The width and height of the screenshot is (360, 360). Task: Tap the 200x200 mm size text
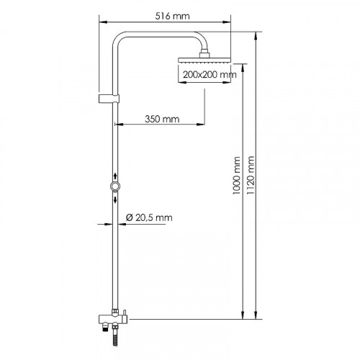click(210, 74)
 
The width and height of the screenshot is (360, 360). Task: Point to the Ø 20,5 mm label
click(149, 217)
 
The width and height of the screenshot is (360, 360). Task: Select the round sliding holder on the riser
click(114, 187)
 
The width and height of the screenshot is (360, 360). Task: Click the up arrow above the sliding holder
click(114, 176)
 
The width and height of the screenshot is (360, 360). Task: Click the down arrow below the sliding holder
click(114, 199)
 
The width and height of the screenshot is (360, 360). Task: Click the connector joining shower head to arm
click(207, 53)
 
